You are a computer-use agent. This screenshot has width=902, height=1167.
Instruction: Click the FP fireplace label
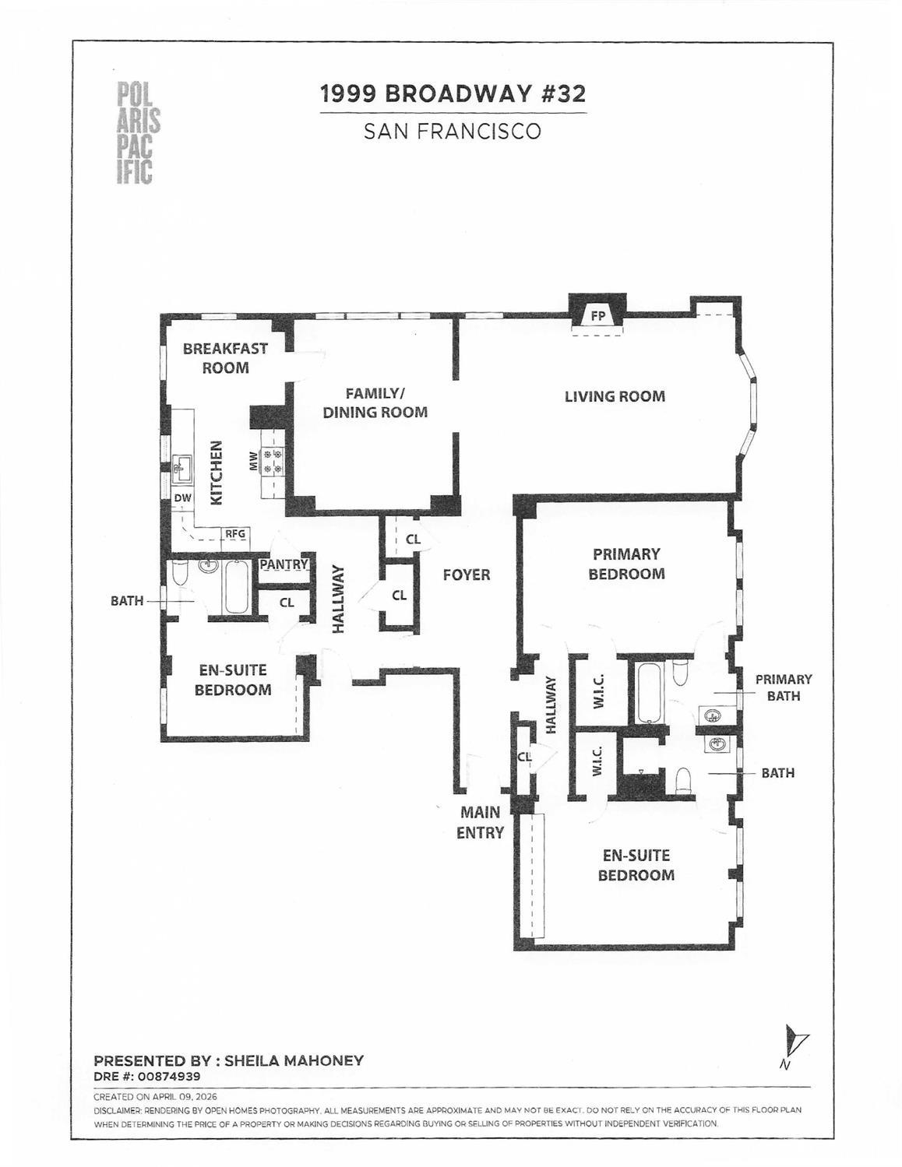point(598,317)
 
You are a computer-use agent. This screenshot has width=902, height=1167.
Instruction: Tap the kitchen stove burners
point(271,462)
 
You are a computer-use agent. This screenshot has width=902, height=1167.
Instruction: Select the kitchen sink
point(182,469)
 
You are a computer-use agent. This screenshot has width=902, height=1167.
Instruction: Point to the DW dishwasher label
point(182,497)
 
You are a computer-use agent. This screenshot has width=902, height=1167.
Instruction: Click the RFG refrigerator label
point(235,534)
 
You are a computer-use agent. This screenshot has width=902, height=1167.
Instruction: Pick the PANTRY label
point(284,564)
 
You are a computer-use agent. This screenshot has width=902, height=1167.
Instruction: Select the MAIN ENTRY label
point(480,822)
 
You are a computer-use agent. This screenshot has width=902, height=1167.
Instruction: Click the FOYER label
point(467,575)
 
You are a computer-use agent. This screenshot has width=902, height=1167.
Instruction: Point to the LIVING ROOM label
point(615,396)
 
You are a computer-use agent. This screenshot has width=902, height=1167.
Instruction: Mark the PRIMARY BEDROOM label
point(626,564)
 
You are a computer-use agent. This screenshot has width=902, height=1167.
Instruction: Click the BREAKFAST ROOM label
point(225,358)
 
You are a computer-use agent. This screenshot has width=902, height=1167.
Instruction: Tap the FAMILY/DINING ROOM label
point(375,402)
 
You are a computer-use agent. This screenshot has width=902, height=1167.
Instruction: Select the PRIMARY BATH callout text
point(784,688)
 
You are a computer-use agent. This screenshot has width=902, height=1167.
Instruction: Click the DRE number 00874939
point(169,1076)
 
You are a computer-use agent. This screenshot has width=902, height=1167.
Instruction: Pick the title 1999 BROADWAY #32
point(453,94)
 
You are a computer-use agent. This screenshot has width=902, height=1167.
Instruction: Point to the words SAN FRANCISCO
point(453,132)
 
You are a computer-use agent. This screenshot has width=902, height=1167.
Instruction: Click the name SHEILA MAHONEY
point(294,1060)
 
